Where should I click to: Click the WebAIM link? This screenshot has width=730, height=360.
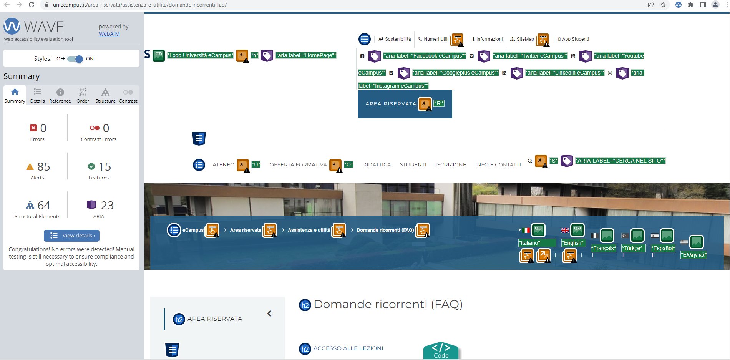click(x=109, y=34)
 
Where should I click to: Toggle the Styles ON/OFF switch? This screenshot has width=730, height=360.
click(x=75, y=59)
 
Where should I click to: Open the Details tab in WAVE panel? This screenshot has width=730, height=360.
click(x=37, y=95)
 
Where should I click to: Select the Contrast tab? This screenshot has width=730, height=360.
click(x=128, y=95)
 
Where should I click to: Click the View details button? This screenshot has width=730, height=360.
click(x=72, y=236)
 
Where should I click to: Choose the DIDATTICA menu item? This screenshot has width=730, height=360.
click(x=377, y=165)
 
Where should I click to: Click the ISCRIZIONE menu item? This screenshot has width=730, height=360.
click(x=451, y=165)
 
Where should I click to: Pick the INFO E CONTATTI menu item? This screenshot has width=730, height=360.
click(x=498, y=165)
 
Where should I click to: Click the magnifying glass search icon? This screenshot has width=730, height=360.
click(x=530, y=161)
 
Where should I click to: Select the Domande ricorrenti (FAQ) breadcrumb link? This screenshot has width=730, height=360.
click(x=385, y=230)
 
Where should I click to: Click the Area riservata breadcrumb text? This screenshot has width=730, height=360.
click(x=246, y=230)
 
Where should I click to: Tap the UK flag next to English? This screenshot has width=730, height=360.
click(x=565, y=231)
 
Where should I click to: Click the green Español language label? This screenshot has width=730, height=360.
click(x=663, y=249)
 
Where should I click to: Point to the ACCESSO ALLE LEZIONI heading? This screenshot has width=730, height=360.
click(x=348, y=348)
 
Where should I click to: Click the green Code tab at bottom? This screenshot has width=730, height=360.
click(x=441, y=351)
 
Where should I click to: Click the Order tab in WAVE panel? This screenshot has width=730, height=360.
click(x=83, y=95)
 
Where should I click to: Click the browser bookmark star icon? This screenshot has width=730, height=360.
click(x=663, y=5)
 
